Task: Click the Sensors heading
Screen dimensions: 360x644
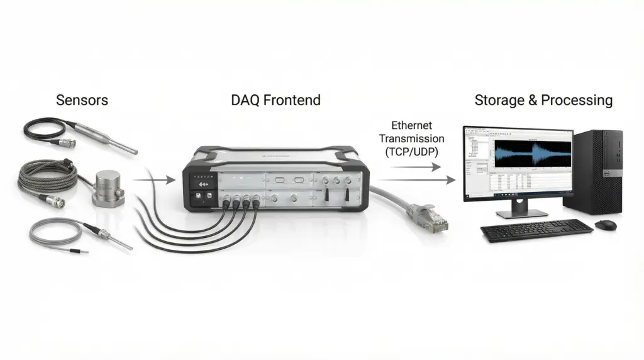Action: (82, 100)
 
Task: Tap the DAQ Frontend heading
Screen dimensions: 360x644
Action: (275, 100)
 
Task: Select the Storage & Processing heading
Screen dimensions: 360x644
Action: (543, 100)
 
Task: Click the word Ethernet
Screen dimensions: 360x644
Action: (412, 126)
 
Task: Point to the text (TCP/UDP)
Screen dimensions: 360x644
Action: (412, 152)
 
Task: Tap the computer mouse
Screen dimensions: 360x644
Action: (605, 225)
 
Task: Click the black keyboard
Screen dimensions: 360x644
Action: (536, 230)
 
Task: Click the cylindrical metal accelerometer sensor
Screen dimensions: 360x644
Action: (108, 187)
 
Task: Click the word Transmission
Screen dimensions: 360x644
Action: (412, 138)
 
